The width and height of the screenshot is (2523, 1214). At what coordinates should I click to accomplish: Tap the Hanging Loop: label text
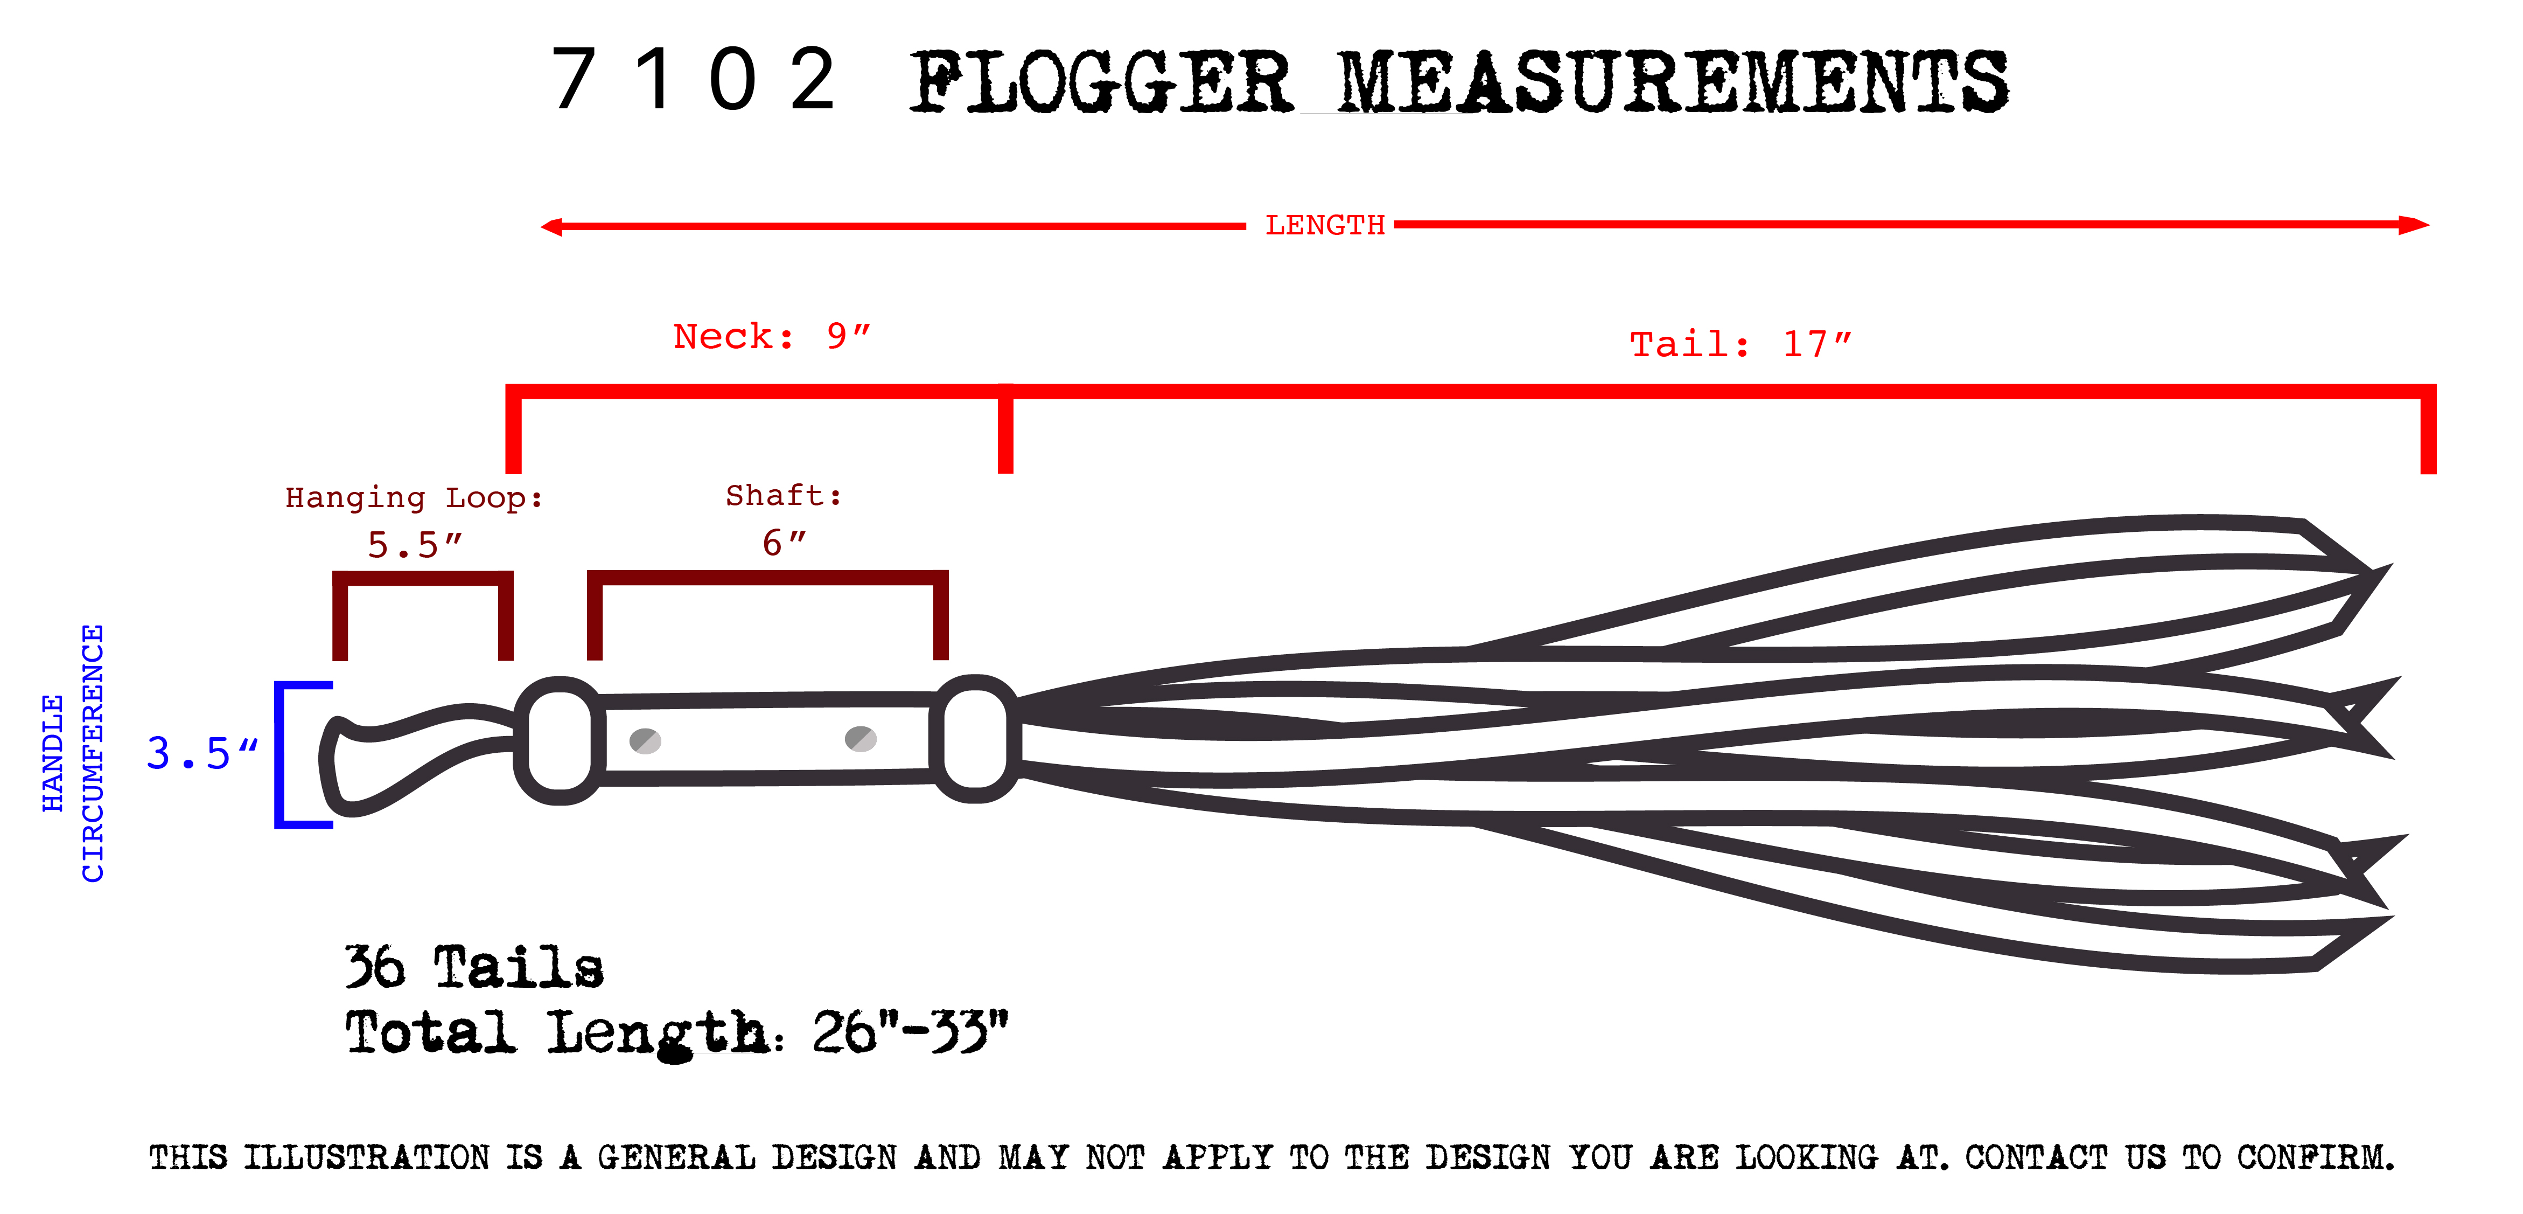pos(413,498)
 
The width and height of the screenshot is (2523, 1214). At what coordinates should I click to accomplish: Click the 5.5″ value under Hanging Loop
pos(413,545)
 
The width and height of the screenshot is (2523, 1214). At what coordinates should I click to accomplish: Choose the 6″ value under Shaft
pos(784,542)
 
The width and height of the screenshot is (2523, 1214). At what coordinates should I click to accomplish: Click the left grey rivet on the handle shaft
pos(645,741)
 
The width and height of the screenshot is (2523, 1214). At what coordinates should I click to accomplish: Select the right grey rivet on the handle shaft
pos(860,739)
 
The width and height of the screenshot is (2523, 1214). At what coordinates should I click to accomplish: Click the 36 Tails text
pos(474,967)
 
